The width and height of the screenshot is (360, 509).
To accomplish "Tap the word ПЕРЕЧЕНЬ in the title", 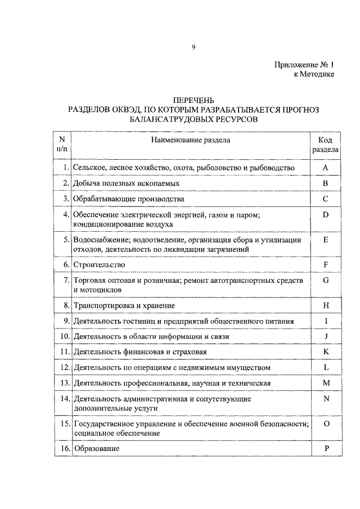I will [x=192, y=100].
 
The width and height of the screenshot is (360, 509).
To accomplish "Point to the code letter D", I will [x=325, y=214].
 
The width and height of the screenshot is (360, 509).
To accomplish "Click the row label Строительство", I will [x=99, y=264].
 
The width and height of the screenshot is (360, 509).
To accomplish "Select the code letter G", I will [x=325, y=280].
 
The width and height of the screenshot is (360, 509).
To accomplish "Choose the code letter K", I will [x=325, y=352].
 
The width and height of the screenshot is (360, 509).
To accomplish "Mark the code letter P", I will [x=325, y=449].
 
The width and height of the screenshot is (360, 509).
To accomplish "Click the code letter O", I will [x=325, y=424].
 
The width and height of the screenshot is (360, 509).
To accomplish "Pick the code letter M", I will [x=325, y=383].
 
